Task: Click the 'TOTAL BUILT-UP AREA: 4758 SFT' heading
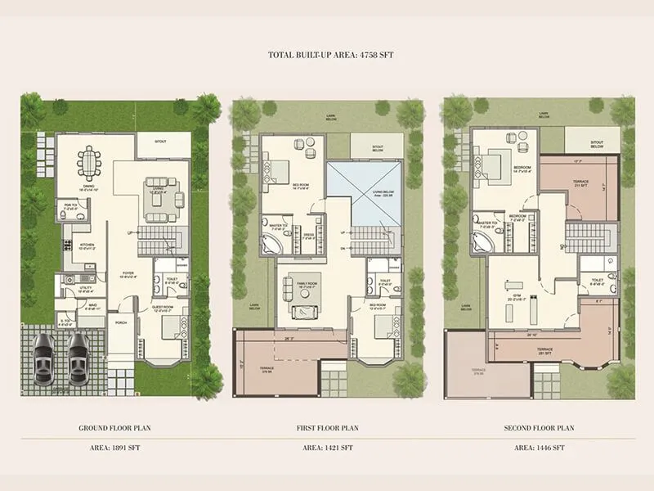[327, 56]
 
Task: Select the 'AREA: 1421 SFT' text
[327, 448]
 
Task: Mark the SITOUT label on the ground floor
[162, 142]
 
